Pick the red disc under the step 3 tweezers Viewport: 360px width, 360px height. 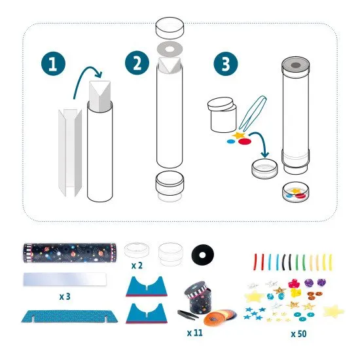242,141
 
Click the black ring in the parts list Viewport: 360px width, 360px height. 202,253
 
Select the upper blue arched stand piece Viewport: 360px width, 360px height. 150,286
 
